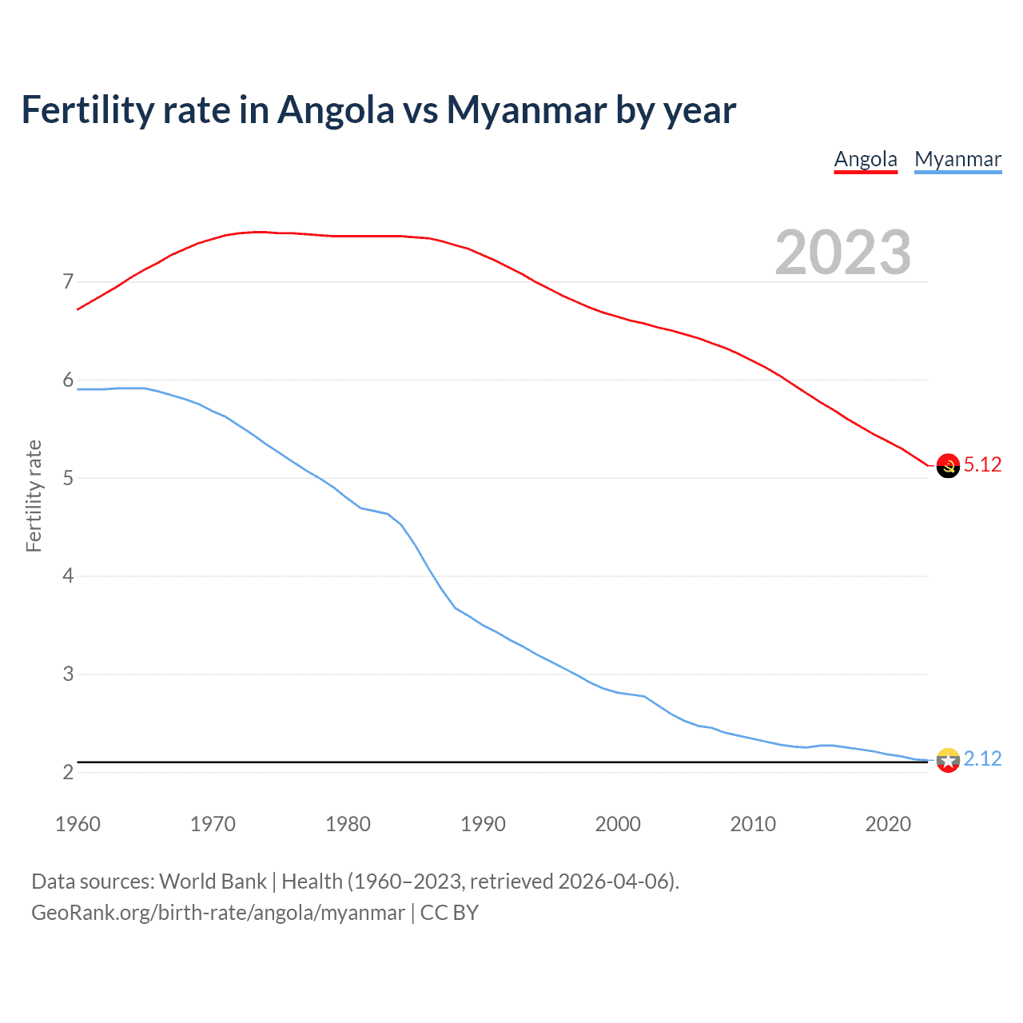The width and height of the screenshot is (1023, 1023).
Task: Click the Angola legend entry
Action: click(x=866, y=159)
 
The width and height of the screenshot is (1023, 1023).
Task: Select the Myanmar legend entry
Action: click(x=957, y=159)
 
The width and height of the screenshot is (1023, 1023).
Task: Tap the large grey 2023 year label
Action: click(x=842, y=253)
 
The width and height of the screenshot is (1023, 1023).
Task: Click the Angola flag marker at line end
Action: click(x=948, y=466)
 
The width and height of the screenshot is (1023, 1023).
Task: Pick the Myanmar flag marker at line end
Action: click(x=948, y=760)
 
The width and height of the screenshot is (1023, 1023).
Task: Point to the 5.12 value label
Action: click(x=982, y=465)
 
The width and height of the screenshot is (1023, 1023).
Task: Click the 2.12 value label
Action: click(x=982, y=759)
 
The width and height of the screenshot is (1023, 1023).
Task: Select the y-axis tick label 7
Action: click(x=68, y=282)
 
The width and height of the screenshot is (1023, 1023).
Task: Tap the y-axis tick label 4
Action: click(x=68, y=576)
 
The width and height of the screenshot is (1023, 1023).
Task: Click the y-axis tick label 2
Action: click(x=68, y=773)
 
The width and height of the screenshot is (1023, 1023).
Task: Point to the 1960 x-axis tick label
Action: click(x=78, y=824)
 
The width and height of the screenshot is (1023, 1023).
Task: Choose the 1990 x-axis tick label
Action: click(x=483, y=824)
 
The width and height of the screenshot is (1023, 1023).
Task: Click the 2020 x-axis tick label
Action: click(x=888, y=824)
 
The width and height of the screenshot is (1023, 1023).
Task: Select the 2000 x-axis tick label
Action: click(x=618, y=824)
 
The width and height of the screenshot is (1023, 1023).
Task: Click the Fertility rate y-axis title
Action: click(x=34, y=496)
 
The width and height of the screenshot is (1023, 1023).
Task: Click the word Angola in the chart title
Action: click(x=336, y=110)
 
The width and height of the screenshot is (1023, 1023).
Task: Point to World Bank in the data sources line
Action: click(x=213, y=882)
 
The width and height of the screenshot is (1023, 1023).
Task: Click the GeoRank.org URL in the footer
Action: click(x=217, y=913)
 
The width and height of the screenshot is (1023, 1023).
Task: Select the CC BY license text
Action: click(x=449, y=913)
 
